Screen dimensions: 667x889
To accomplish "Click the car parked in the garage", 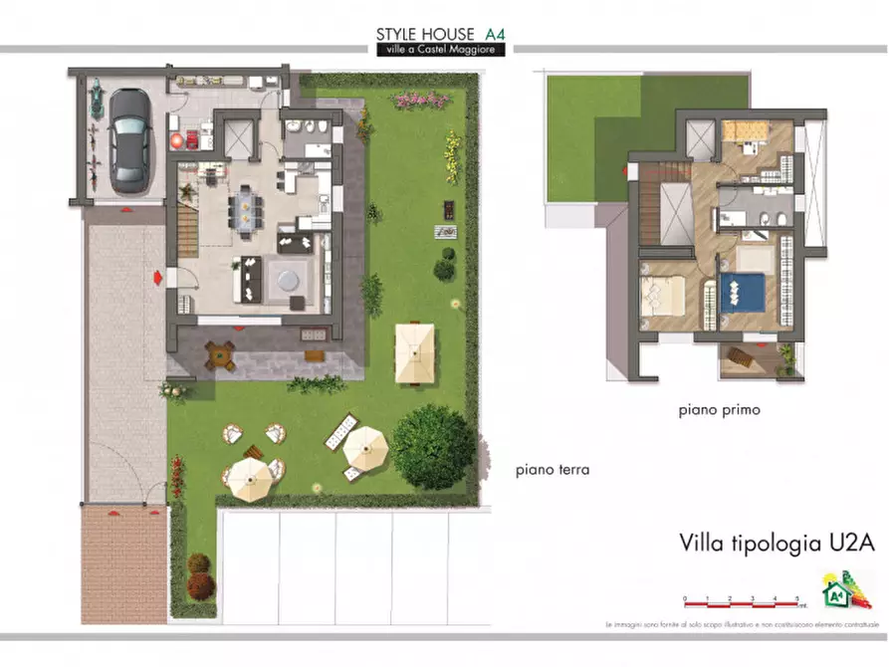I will (x=129, y=140).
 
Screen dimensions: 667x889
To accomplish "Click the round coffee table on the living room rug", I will (x=290, y=278).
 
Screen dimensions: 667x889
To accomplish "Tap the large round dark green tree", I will (x=434, y=447).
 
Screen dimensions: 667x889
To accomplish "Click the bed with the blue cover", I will (x=742, y=292).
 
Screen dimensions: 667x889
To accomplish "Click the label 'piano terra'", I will (x=553, y=470).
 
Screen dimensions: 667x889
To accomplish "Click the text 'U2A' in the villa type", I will (x=850, y=544).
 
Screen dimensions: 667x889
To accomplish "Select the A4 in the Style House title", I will (x=492, y=33).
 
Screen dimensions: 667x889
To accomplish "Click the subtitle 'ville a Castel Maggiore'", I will (x=440, y=50).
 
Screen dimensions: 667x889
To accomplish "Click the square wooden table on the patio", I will (x=220, y=353).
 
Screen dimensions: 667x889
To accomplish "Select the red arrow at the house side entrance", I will (x=158, y=278).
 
